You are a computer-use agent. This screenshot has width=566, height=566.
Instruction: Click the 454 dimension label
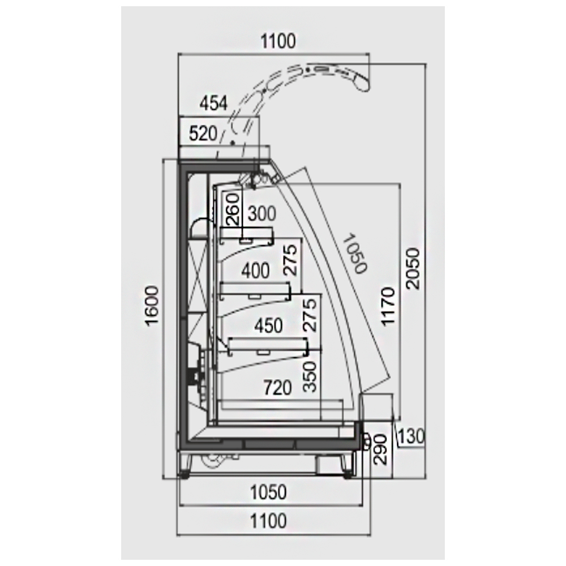pos(214,104)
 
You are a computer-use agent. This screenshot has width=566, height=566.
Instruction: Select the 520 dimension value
pos(203,134)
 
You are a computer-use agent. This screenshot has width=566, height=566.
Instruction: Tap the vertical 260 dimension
pos(233,209)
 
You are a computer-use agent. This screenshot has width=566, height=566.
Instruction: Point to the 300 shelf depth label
pos(262,214)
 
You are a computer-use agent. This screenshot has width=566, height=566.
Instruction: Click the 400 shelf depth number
pos(256,271)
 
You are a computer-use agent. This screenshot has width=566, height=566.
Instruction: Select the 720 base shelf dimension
pos(277,388)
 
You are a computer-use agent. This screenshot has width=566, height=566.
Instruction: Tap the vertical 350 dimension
pos(310,376)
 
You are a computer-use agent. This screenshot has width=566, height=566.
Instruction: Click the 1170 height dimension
pos(388,306)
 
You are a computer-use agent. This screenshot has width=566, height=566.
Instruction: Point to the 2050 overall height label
pos(413,268)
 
